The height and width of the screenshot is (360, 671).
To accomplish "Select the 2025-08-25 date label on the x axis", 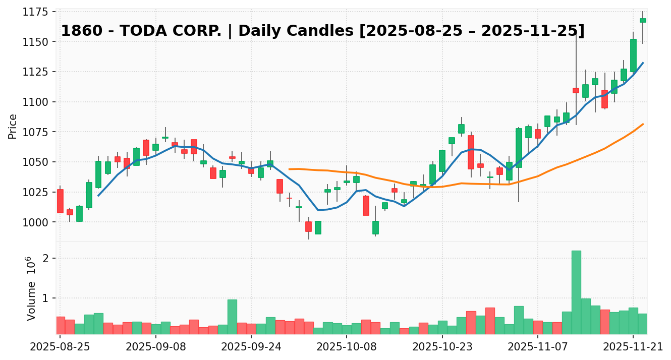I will coord(60,347).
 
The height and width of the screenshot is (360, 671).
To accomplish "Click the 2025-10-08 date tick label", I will coord(347,347).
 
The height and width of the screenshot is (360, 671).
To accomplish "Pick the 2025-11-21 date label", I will coord(633,347).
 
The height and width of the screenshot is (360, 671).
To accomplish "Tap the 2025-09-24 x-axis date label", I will coord(251,347).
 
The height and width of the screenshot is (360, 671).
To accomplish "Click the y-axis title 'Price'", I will coord(13,126).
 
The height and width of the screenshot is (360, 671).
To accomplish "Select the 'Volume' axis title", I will coord(31,302).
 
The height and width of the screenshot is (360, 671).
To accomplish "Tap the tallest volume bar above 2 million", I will coord(576,292).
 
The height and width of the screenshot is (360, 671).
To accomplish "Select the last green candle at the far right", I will coord(643,20).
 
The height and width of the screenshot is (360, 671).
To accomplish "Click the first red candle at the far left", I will coord(60,201).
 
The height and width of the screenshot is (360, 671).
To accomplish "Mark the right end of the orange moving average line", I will coord(643,124).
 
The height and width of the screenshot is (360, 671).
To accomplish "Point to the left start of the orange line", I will coord(289,169).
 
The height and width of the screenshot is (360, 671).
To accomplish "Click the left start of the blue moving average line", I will coord(98,195).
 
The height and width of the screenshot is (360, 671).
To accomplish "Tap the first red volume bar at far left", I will coord(60,325).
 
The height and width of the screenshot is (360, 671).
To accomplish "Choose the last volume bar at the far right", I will coord(643,324).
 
